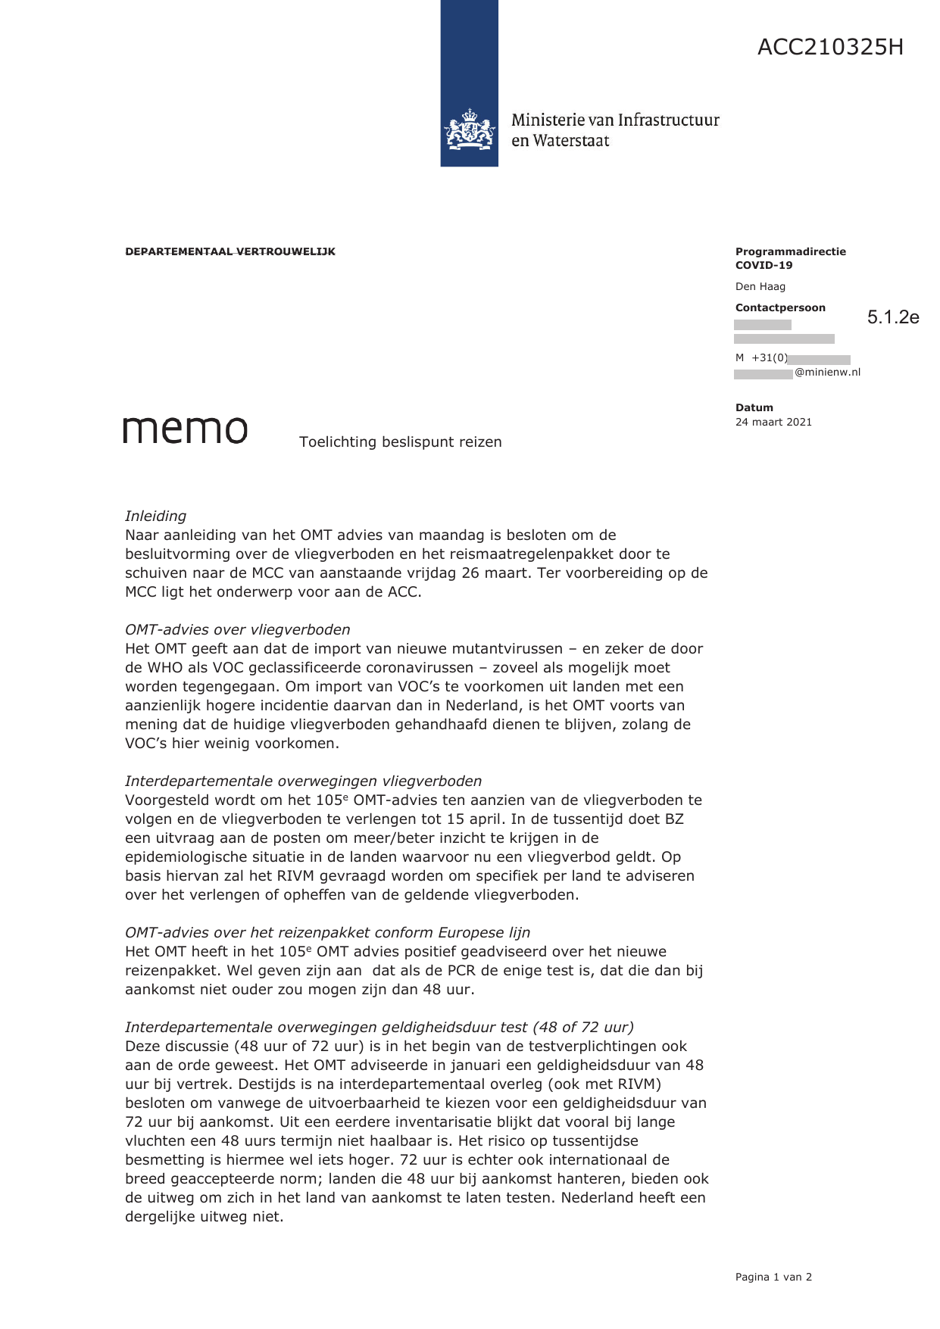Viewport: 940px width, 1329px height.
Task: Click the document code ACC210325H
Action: click(830, 48)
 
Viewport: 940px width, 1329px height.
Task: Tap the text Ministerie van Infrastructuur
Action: click(614, 120)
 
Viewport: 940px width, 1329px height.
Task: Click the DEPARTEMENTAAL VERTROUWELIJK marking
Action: click(230, 251)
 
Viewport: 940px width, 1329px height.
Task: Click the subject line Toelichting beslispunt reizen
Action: click(400, 442)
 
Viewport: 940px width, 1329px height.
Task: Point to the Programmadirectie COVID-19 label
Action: click(790, 258)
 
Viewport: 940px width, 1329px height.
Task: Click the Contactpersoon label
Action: click(780, 307)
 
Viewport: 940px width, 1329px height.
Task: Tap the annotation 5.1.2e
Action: click(893, 317)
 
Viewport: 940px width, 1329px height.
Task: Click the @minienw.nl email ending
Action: click(827, 373)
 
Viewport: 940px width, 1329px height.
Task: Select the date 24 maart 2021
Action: click(773, 422)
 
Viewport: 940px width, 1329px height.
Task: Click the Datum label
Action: click(754, 407)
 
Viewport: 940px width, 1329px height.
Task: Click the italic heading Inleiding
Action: click(155, 516)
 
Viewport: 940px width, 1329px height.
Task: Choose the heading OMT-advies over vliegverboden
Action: click(237, 629)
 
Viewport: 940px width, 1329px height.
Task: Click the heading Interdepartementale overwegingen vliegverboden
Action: click(303, 781)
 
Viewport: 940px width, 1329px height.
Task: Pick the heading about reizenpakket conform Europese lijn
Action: click(327, 932)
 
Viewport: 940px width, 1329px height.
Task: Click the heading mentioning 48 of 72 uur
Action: click(379, 1027)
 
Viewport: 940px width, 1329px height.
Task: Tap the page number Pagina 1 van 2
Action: click(773, 1277)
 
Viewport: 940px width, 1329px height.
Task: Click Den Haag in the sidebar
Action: click(760, 286)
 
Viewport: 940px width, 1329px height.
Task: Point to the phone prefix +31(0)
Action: click(769, 358)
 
